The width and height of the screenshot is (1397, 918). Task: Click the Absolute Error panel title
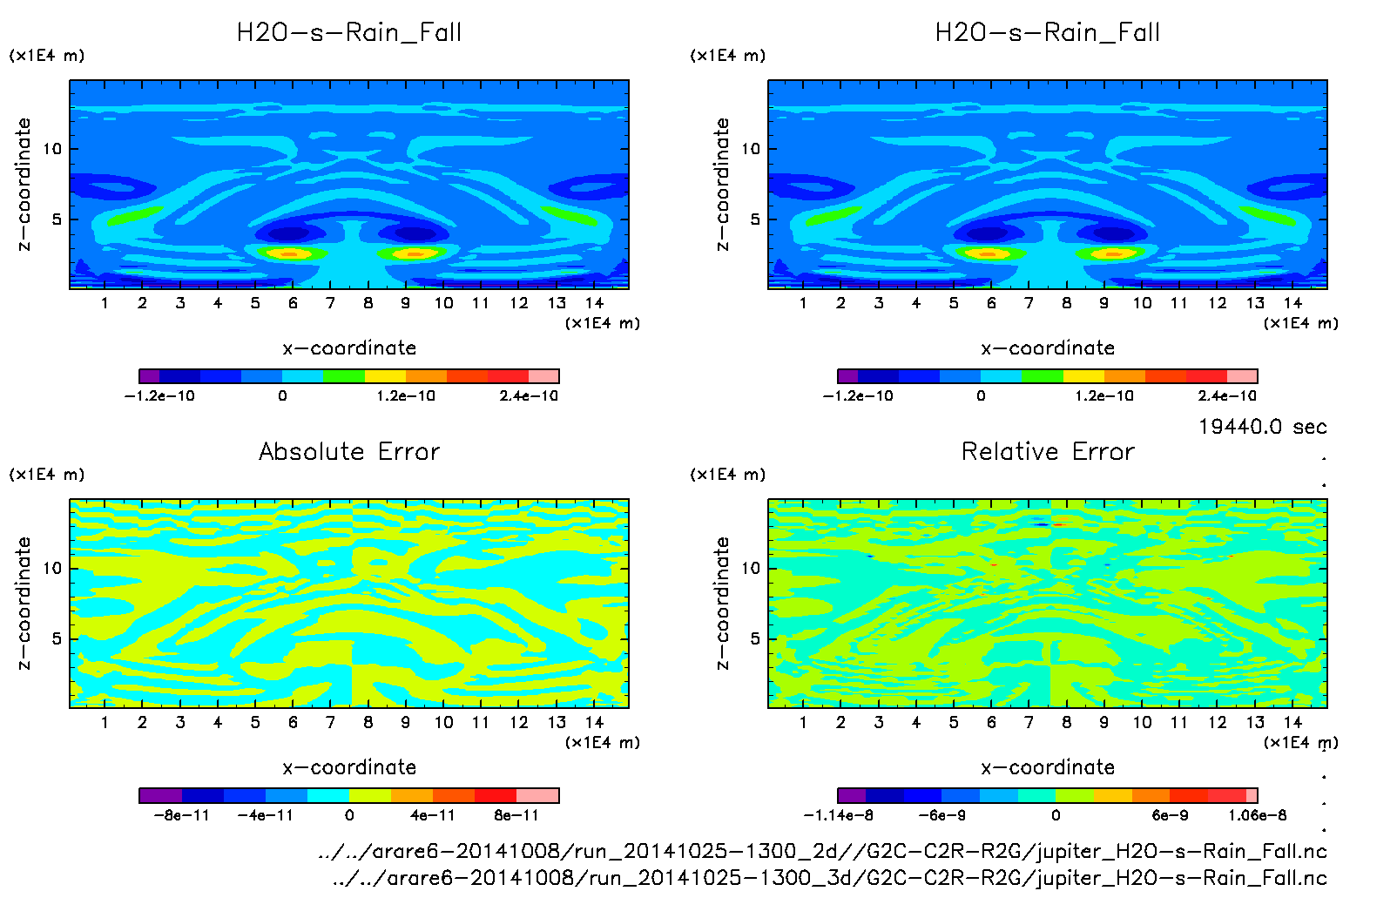[349, 451]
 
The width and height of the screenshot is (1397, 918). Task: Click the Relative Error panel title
[1048, 451]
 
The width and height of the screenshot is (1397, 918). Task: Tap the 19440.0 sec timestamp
[1262, 427]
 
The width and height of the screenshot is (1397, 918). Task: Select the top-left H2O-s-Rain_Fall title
[349, 33]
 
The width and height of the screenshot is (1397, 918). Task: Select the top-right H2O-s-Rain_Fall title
[1048, 33]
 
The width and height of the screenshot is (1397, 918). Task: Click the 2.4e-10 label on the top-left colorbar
[529, 396]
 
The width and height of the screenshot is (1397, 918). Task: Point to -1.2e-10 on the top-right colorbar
[858, 396]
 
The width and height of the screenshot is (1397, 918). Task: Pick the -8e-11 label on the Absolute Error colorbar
[181, 816]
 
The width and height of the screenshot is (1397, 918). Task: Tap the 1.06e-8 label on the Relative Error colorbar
[1257, 816]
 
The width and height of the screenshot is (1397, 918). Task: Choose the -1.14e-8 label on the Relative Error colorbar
[838, 816]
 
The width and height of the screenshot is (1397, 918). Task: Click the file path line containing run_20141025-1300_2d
[822, 851]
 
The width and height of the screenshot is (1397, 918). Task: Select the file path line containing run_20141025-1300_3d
[829, 878]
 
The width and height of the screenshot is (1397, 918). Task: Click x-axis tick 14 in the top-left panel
[594, 303]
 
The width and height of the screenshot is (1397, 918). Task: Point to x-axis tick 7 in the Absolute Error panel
[330, 722]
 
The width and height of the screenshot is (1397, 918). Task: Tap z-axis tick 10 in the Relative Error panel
[751, 569]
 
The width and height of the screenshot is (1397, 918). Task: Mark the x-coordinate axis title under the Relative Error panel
[1048, 767]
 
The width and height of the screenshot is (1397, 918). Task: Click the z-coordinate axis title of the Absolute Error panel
[24, 603]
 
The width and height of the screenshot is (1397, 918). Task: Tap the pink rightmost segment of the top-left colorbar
[543, 376]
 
